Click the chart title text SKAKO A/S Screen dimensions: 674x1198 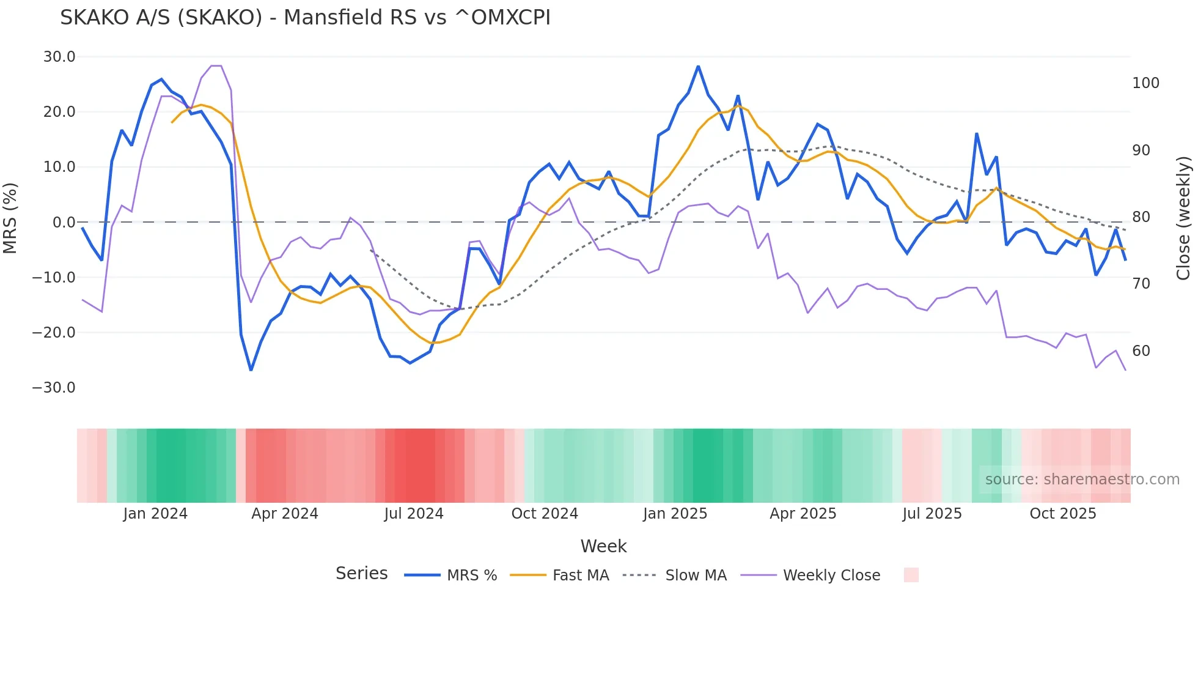305,18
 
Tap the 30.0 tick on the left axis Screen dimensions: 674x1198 59,57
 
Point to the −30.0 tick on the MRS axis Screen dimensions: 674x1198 54,388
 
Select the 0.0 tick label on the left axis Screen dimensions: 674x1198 64,223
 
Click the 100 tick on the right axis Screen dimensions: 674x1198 1145,83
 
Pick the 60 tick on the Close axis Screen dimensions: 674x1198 1141,351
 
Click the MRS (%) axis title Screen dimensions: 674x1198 10,218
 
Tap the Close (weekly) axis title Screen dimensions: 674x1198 1184,218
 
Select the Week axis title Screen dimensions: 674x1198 603,546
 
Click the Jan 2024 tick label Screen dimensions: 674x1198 155,514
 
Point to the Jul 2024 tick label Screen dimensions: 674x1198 414,514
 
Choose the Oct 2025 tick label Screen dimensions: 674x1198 1063,514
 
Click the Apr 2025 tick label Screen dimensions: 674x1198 803,514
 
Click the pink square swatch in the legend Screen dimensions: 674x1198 911,575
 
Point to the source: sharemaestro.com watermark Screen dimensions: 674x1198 1082,480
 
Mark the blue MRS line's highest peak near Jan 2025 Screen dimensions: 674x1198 698,66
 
